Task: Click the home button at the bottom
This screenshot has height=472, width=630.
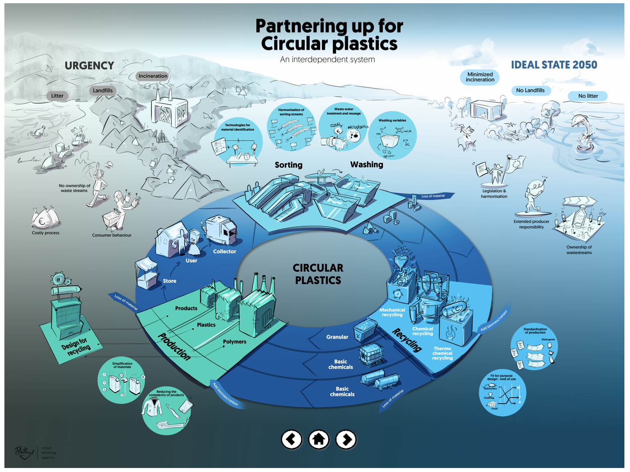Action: click(319, 440)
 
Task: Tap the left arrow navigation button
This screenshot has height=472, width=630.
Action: click(291, 440)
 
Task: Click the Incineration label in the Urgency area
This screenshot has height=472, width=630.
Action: click(153, 76)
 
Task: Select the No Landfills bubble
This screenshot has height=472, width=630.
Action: click(530, 90)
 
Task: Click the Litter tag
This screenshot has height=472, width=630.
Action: click(57, 96)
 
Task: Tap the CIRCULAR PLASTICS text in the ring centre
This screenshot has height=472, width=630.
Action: click(318, 274)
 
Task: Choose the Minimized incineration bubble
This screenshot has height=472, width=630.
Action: click(480, 77)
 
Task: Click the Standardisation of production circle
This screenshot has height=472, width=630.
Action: click(534, 347)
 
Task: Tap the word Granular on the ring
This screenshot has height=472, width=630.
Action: click(337, 337)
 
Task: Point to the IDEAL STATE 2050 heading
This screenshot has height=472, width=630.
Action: click(554, 65)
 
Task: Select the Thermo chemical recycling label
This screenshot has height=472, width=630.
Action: click(442, 353)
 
